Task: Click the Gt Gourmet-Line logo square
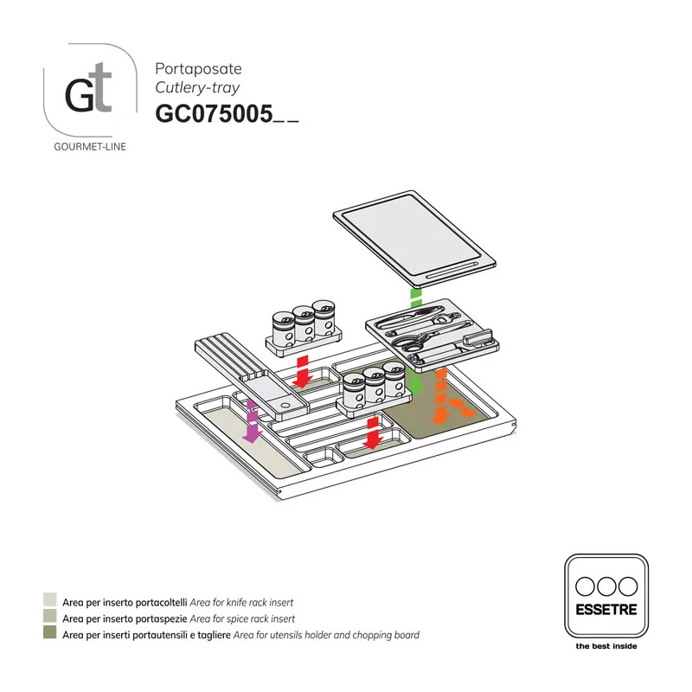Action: click(x=89, y=88)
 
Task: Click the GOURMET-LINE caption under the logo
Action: click(x=90, y=146)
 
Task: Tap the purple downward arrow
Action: click(x=252, y=421)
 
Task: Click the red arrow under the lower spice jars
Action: click(x=373, y=432)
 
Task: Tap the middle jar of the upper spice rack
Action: click(x=303, y=327)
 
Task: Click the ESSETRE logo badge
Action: click(x=605, y=595)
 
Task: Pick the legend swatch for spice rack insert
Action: click(x=50, y=618)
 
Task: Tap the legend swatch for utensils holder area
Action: click(x=50, y=635)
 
